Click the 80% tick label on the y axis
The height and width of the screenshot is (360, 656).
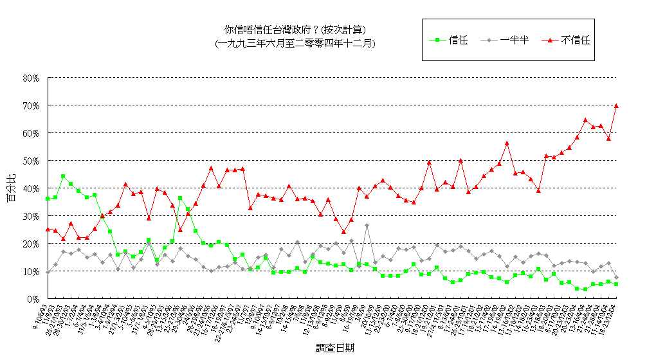click(x=31, y=78)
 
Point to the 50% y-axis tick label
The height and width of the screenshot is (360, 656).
click(x=31, y=161)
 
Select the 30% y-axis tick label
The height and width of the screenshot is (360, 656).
click(x=31, y=216)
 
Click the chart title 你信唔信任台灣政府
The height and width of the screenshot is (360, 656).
click(x=295, y=30)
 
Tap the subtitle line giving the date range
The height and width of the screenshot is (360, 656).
click(x=295, y=43)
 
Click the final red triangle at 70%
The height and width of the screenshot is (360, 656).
click(x=616, y=105)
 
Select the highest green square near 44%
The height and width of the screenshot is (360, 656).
click(x=63, y=176)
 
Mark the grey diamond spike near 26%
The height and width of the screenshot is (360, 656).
click(x=367, y=226)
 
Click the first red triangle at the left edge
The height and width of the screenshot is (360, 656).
click(x=48, y=229)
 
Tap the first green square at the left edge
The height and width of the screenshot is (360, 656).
click(x=48, y=199)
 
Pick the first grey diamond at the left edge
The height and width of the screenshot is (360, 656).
click(x=48, y=272)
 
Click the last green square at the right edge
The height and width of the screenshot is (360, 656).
click(x=616, y=284)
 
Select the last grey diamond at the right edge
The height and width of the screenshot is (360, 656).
click(x=616, y=278)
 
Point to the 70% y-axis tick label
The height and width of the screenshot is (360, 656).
click(x=31, y=105)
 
